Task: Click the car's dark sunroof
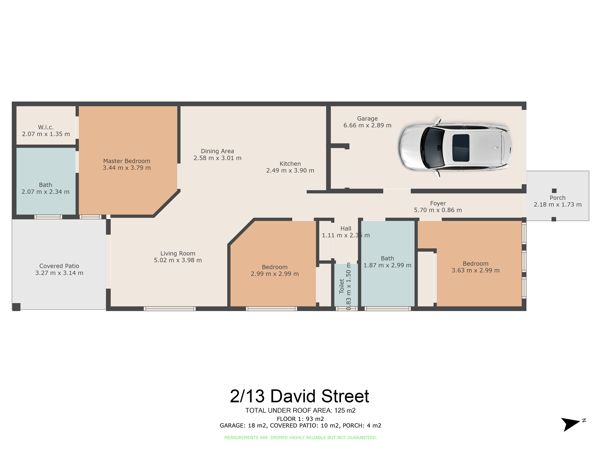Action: [461, 148]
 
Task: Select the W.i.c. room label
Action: [46, 127]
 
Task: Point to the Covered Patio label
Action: [59, 266]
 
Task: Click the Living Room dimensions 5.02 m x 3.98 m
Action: [178, 260]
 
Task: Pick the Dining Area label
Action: [217, 151]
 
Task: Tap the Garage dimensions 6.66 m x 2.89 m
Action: [367, 125]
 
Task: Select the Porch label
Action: [557, 198]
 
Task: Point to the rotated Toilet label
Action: [342, 286]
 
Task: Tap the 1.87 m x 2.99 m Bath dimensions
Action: [388, 265]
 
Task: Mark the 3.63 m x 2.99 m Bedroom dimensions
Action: [476, 270]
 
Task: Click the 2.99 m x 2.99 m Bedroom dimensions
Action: [275, 274]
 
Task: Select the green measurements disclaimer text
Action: [300, 438]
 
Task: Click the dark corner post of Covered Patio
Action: [16, 307]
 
